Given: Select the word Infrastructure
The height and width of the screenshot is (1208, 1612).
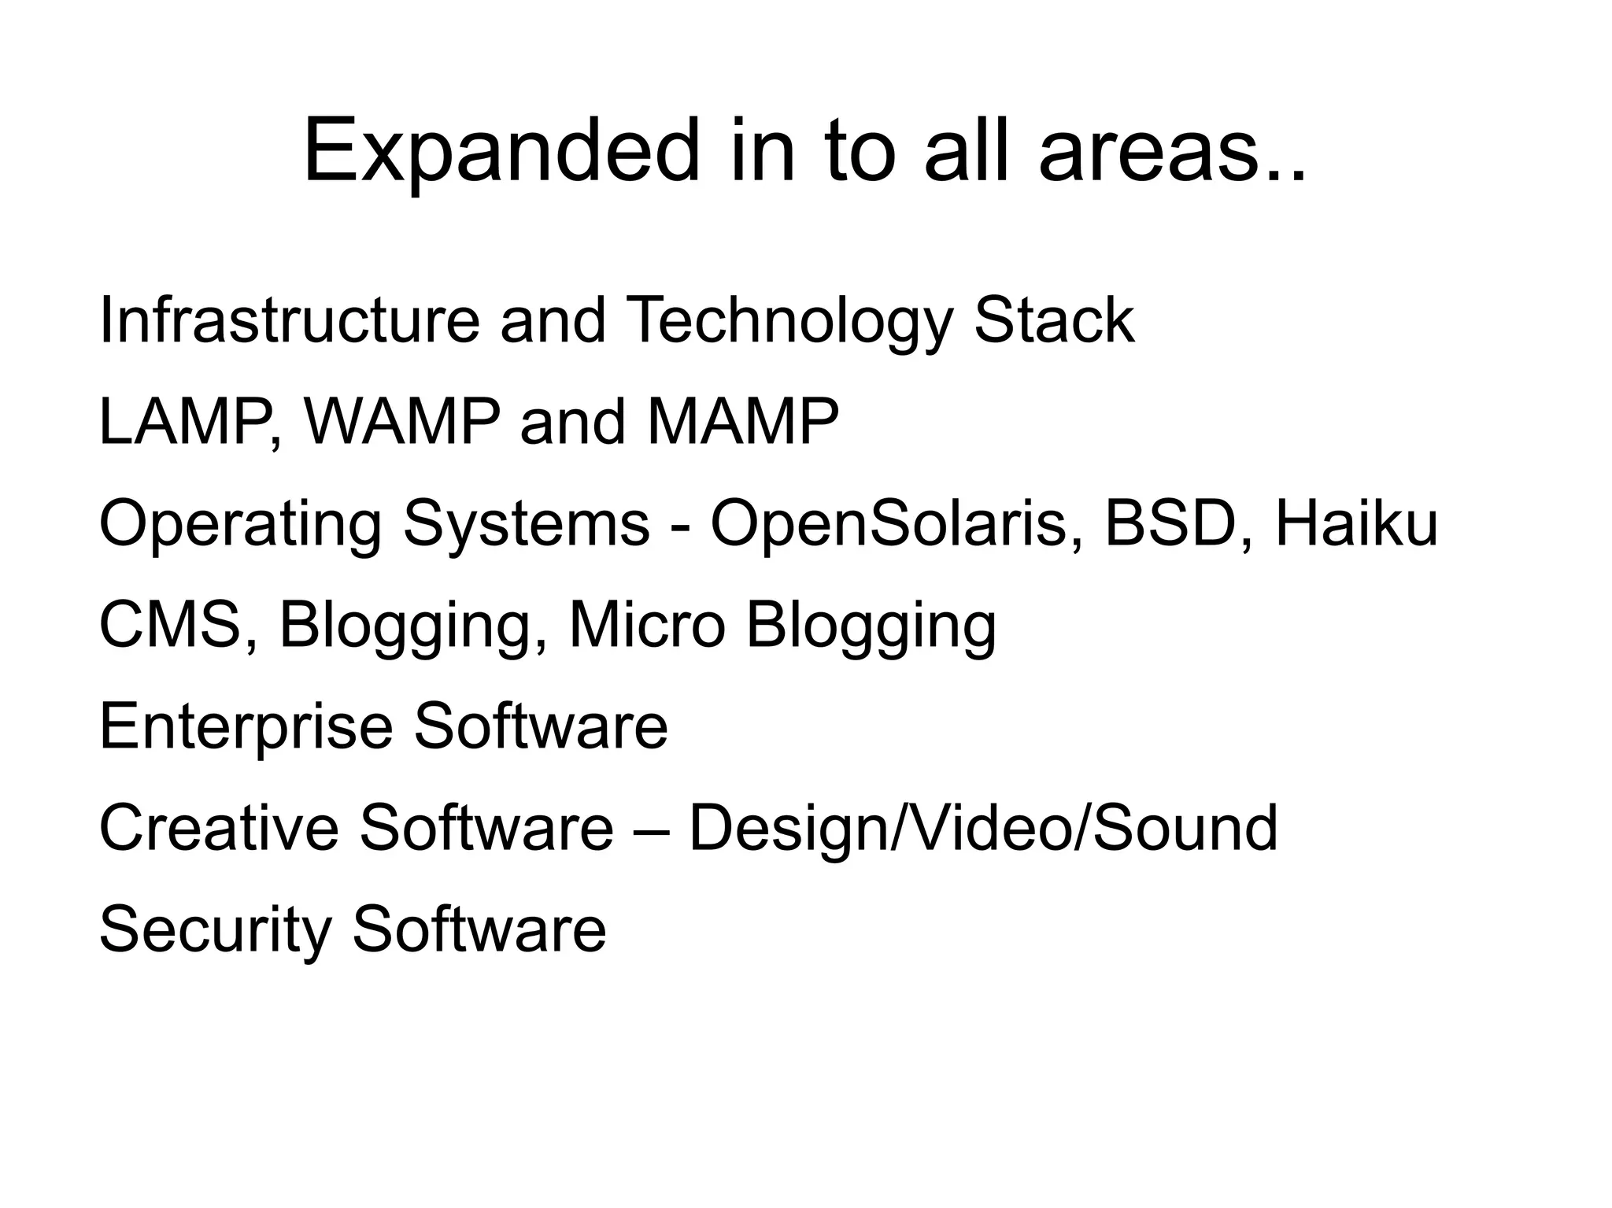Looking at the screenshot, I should click(289, 320).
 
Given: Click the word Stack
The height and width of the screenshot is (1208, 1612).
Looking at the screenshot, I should click(1054, 320).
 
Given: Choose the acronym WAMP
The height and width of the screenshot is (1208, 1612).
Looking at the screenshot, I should click(402, 423).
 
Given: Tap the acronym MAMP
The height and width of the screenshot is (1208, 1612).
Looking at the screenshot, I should click(743, 423).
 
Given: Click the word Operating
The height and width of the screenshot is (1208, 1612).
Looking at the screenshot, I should click(240, 525).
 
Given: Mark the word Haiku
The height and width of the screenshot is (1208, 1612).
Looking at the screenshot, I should click(1355, 523).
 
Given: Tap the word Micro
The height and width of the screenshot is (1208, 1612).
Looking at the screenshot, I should click(645, 626).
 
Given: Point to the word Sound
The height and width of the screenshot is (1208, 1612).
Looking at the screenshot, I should click(1185, 828).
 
